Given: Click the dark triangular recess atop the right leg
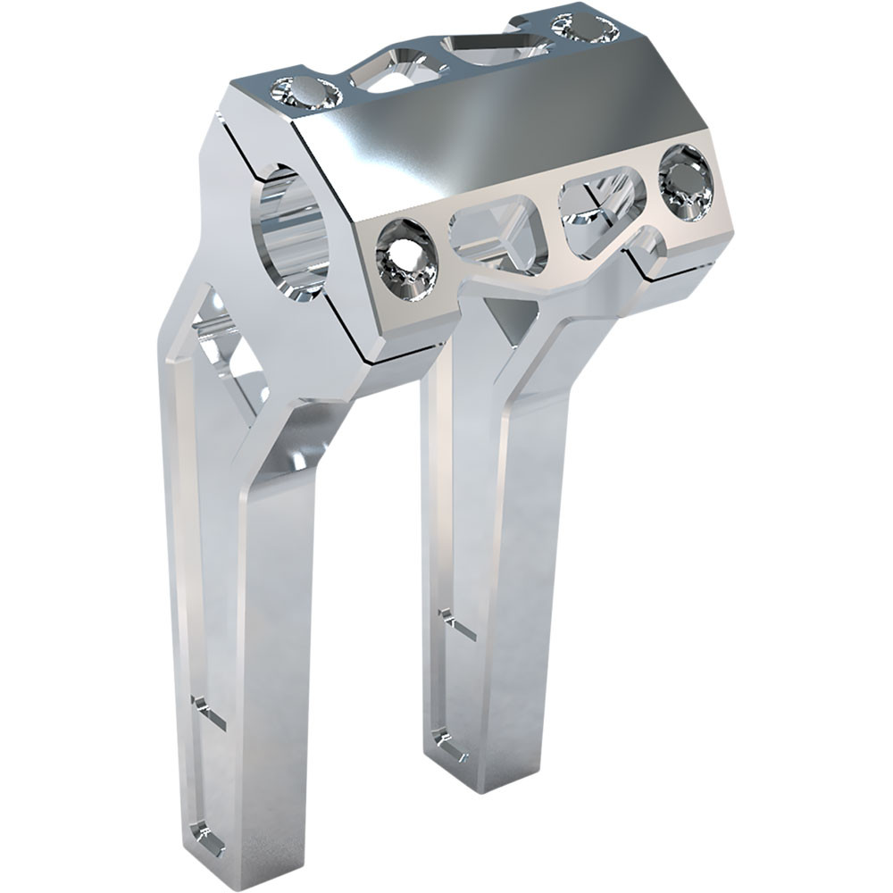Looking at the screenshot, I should (x=513, y=321).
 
